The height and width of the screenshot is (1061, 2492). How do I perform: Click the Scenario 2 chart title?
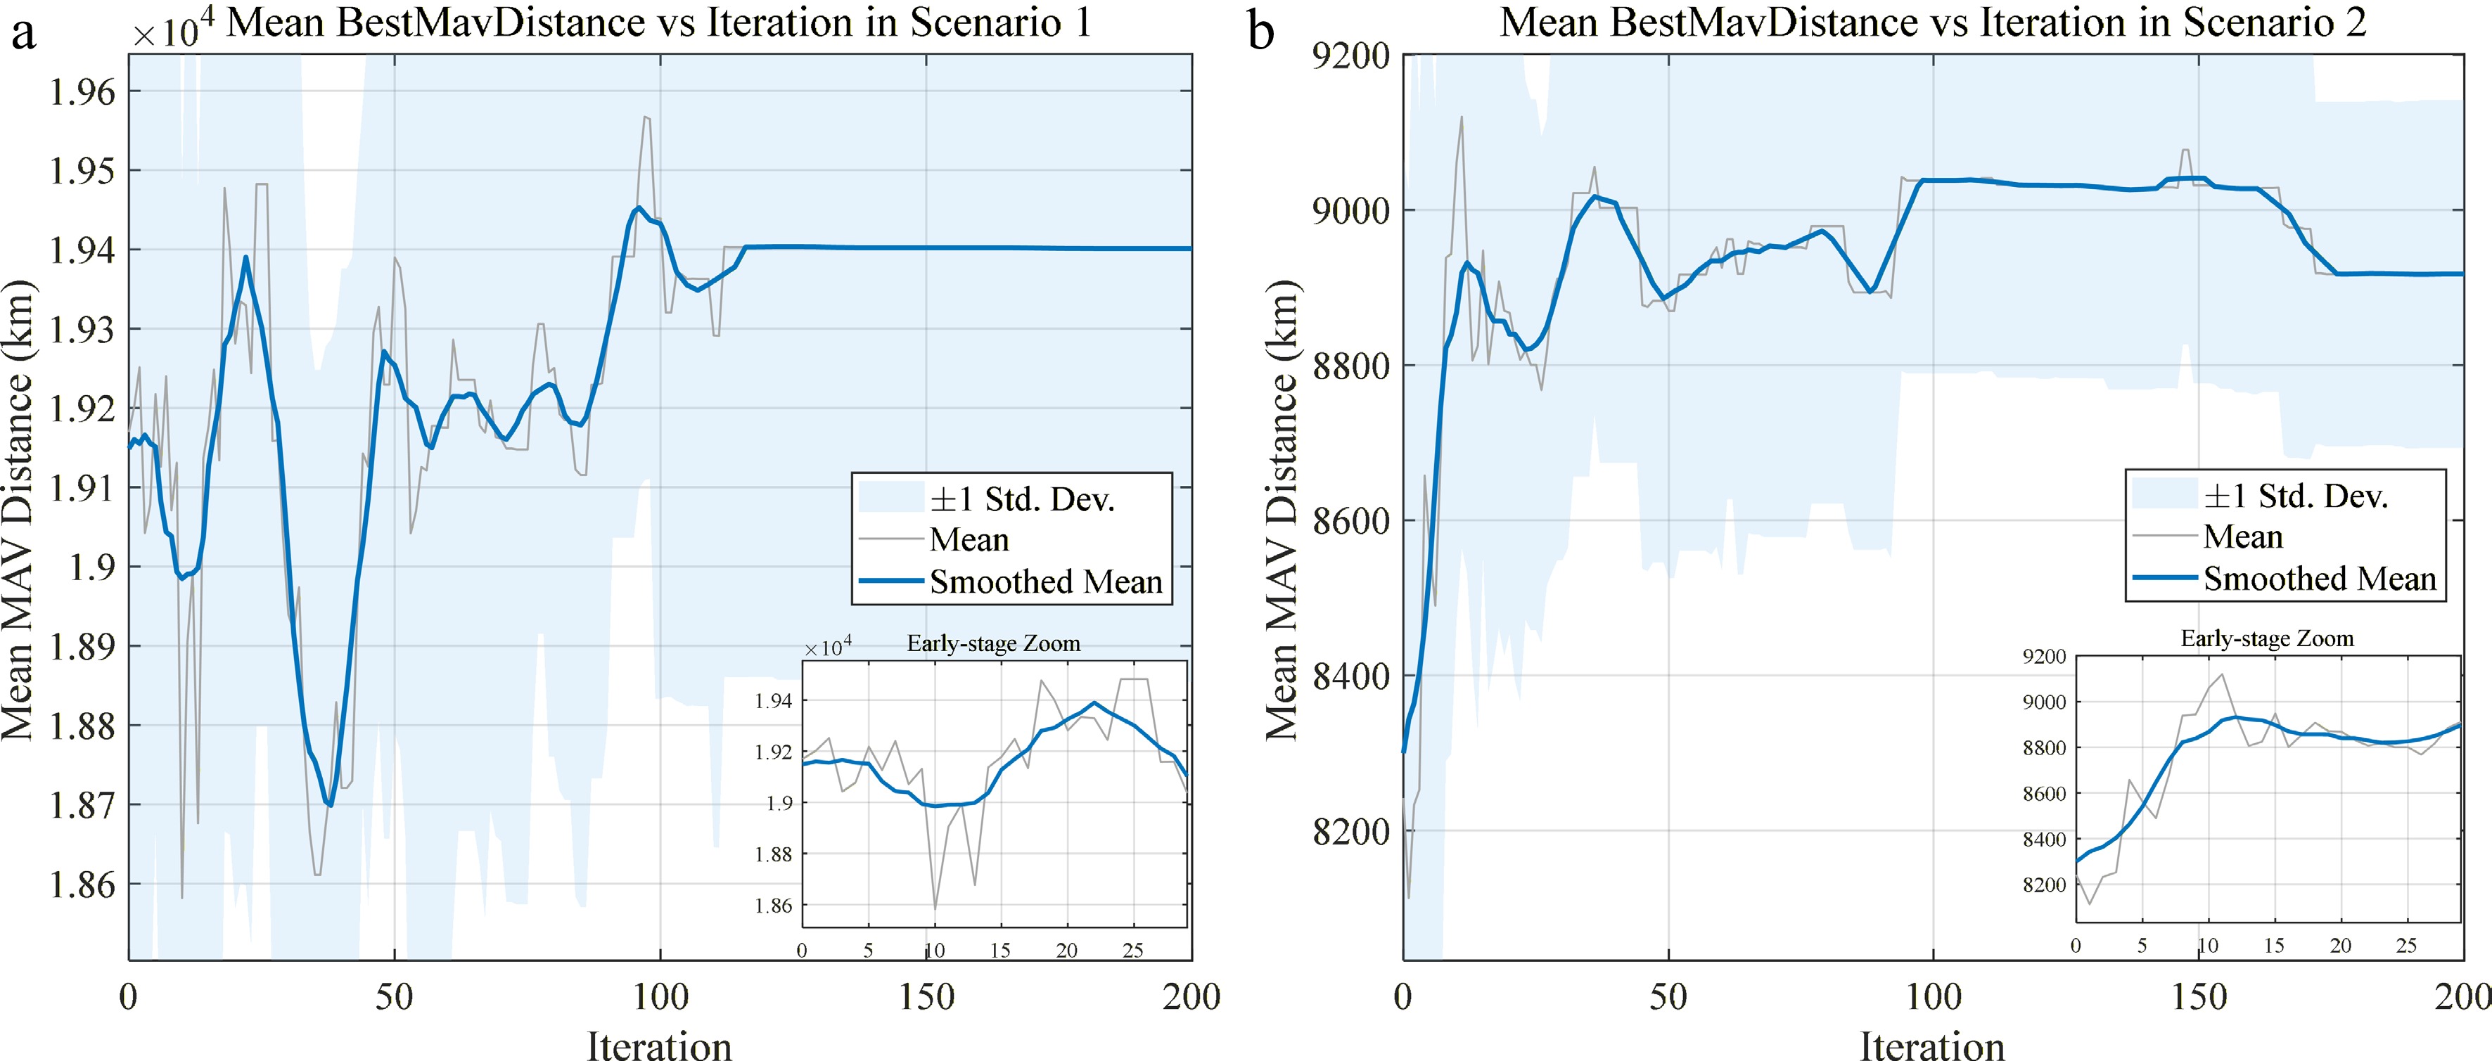coord(1933,22)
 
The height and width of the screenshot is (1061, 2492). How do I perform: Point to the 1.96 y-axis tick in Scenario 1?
coord(82,92)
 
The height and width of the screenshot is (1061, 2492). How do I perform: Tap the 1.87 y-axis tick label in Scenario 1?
coord(82,804)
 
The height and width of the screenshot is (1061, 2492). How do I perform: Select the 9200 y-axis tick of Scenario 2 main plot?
coord(1350,56)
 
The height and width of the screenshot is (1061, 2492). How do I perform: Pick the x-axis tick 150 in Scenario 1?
coord(926,996)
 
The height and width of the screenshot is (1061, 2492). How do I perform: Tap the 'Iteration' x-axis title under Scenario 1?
coord(660,1045)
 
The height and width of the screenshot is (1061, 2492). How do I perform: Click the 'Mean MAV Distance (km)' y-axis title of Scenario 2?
coord(1281,510)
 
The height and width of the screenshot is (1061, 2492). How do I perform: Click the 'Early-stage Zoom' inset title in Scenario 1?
coord(994,643)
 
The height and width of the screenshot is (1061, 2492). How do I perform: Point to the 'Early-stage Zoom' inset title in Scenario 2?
coord(2268,638)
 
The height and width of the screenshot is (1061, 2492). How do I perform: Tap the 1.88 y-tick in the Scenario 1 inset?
coord(774,854)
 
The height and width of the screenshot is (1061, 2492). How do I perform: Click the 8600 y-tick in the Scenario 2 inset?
coord(2044,794)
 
